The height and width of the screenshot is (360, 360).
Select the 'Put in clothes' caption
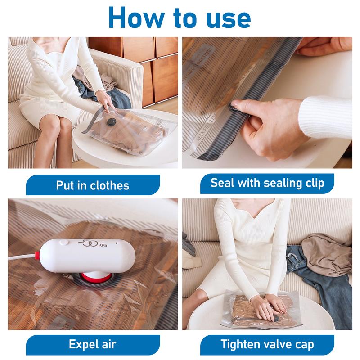coord(93,185)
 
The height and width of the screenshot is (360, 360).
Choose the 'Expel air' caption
coord(92,345)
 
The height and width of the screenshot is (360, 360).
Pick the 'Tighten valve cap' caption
coord(267,345)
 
